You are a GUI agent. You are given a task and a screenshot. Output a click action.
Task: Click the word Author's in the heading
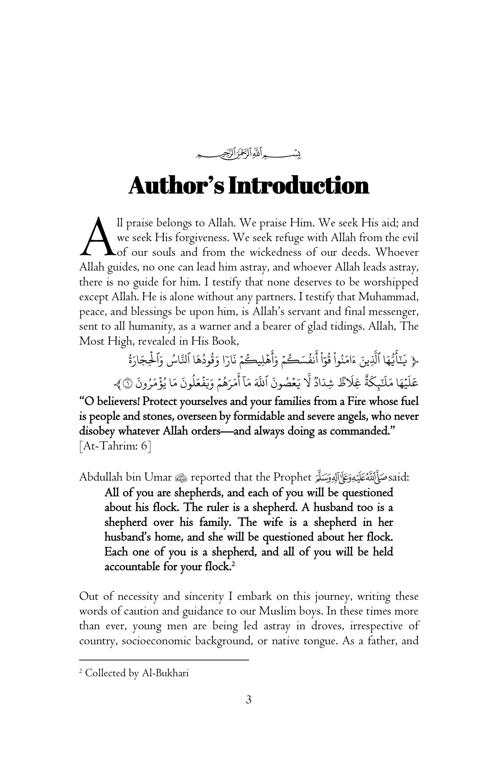176,186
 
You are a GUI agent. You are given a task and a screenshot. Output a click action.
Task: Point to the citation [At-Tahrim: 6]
115,446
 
